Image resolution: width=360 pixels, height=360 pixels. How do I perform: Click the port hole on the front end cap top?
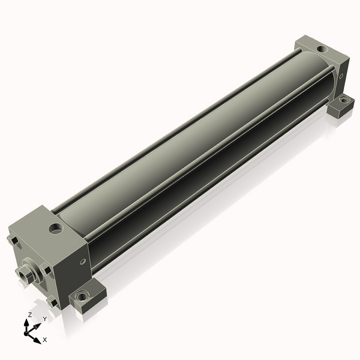(56, 228)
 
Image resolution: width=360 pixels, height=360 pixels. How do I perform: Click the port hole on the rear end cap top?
(322, 49)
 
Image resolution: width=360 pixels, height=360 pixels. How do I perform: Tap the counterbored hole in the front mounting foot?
(82, 296)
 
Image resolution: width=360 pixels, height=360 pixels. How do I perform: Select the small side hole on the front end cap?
(83, 261)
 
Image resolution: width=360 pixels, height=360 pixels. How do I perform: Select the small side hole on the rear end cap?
(341, 76)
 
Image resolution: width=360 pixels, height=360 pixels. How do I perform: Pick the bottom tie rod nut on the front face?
(52, 302)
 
